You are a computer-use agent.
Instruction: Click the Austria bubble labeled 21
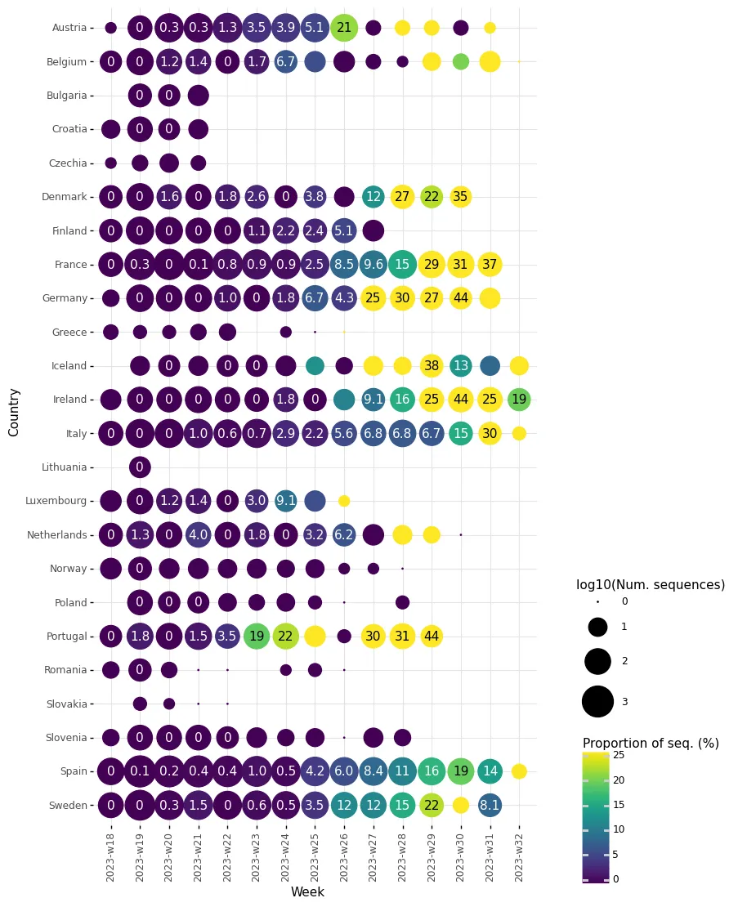(x=344, y=27)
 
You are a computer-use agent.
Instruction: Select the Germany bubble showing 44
(x=461, y=298)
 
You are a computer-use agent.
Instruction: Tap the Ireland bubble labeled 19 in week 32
(x=519, y=400)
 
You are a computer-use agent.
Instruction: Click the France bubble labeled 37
(x=490, y=264)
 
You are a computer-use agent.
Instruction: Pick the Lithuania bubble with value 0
(x=140, y=467)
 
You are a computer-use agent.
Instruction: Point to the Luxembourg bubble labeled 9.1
(x=286, y=501)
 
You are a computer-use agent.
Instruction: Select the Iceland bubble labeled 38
(x=432, y=365)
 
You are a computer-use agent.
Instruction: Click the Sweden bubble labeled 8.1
(x=490, y=805)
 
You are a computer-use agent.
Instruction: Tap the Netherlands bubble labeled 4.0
(x=199, y=535)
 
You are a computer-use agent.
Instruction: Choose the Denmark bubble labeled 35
(x=461, y=197)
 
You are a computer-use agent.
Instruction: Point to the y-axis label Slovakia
(x=67, y=704)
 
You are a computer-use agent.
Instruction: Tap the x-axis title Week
(x=307, y=892)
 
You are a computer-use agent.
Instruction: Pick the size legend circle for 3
(x=597, y=701)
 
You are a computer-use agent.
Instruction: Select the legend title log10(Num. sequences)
(x=650, y=584)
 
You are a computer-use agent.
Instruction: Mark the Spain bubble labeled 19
(x=461, y=771)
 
